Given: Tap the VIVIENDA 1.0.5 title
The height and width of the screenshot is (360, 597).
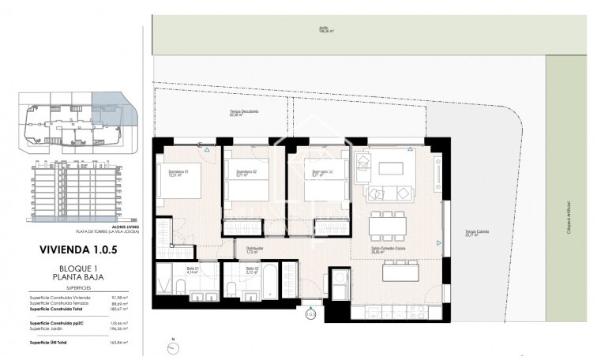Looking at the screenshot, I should coord(77,249).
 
